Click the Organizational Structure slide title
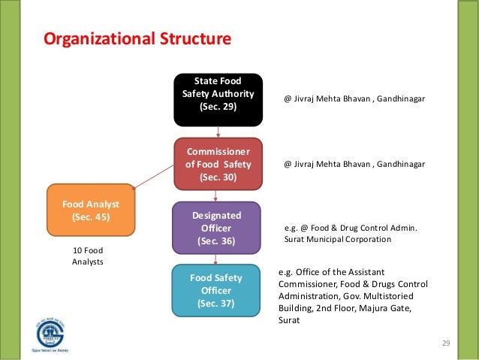point(137,38)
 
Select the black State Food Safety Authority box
point(218,99)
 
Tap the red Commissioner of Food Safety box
point(218,164)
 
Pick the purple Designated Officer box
point(216,228)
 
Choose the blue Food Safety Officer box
point(216,289)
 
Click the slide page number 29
point(445,343)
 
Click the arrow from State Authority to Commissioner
point(218,132)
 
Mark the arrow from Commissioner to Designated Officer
point(217,195)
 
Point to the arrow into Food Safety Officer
point(217,259)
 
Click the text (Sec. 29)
point(218,107)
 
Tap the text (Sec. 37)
point(216,304)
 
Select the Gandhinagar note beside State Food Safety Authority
point(354,98)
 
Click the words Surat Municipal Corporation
point(338,240)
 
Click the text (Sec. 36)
point(216,241)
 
